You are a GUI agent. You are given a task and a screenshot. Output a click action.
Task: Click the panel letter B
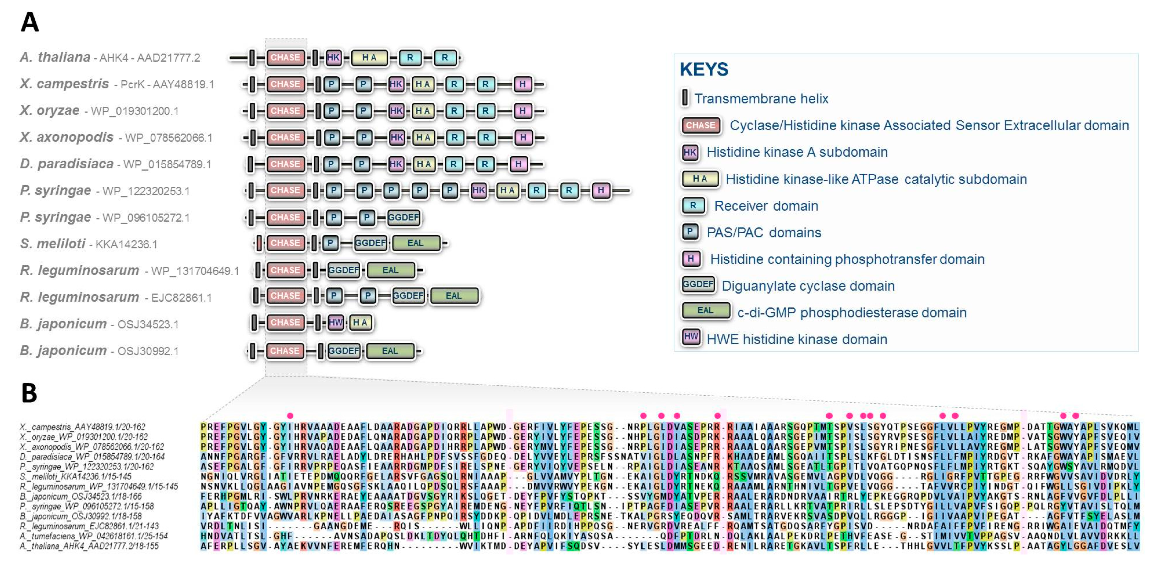click(29, 393)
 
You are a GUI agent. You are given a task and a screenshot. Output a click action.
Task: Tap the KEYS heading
click(704, 70)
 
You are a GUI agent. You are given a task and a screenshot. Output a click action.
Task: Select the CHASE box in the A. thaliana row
click(285, 57)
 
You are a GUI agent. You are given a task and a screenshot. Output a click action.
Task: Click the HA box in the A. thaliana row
click(369, 57)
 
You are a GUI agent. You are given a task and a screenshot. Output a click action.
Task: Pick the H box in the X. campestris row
click(522, 84)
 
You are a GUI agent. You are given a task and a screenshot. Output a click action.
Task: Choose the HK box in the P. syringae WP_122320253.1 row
click(478, 190)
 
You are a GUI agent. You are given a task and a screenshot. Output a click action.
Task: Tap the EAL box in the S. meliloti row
click(415, 243)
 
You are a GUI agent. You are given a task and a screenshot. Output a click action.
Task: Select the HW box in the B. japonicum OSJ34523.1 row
click(335, 322)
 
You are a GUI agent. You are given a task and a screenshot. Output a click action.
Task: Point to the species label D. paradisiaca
click(66, 164)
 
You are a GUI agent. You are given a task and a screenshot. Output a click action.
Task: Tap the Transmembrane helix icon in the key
click(685, 97)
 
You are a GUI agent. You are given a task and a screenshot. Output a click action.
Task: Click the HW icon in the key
click(691, 337)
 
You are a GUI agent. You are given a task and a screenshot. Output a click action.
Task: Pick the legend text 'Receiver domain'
click(766, 206)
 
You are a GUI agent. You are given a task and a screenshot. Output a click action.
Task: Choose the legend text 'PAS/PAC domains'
click(764, 232)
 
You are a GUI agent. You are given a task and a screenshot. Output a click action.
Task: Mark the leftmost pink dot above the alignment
click(290, 415)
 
